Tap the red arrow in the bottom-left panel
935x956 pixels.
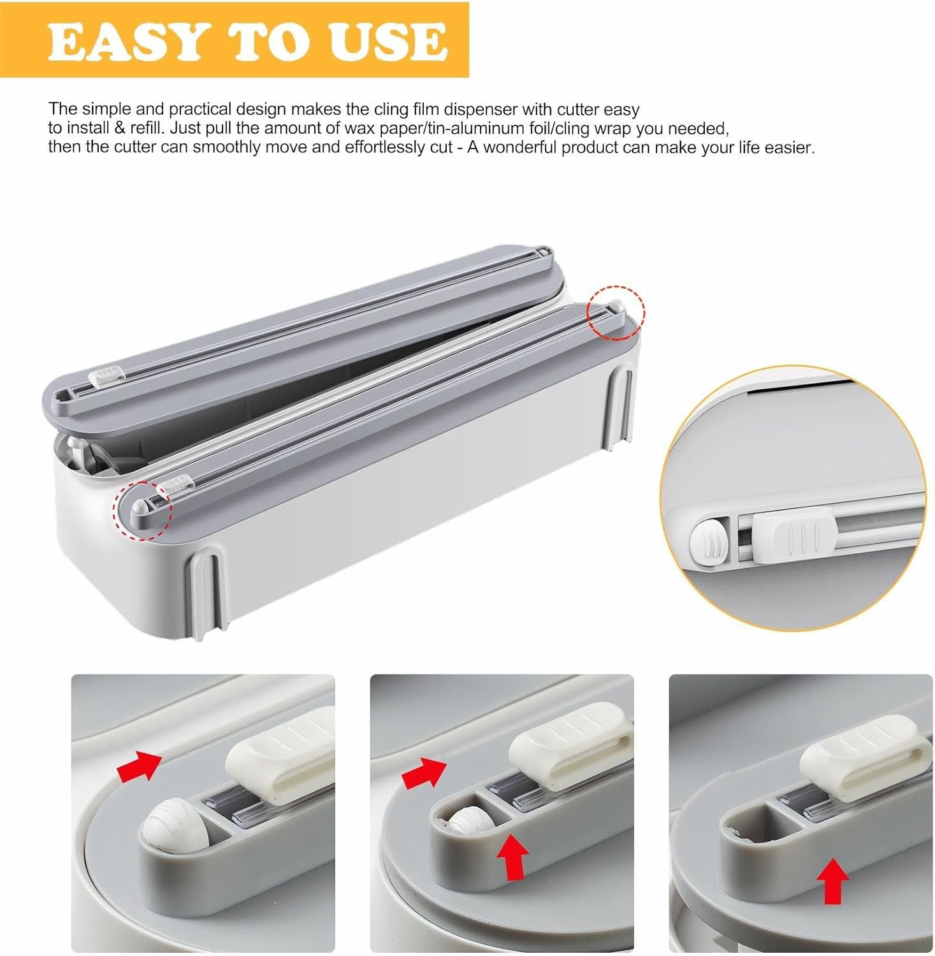[139, 765]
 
